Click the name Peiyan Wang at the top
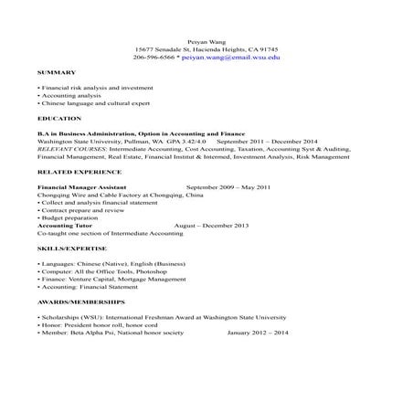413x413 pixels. (206, 40)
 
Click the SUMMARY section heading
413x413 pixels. (56, 72)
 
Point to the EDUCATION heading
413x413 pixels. (60, 120)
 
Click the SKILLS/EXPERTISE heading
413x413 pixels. (72, 249)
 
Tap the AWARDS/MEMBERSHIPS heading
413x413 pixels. (81, 300)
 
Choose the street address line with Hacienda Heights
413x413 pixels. (206, 48)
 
